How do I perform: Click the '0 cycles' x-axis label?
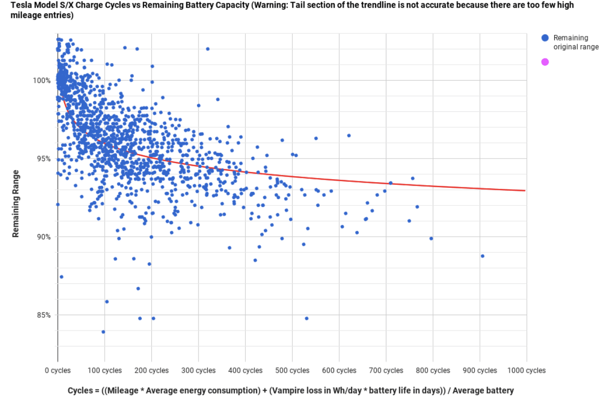(57, 371)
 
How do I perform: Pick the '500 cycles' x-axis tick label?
(292, 371)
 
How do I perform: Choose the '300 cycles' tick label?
(198, 371)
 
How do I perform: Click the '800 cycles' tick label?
(433, 371)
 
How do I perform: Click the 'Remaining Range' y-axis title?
(16, 203)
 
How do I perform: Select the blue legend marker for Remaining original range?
(545, 38)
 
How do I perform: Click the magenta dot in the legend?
(545, 62)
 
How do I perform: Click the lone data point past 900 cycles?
(482, 256)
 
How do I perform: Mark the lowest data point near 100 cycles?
(103, 332)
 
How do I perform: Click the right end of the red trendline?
(525, 190)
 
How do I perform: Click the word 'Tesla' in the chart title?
(22, 5)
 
